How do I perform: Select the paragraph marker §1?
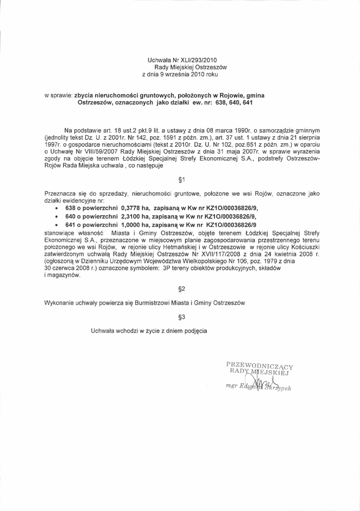[181, 180]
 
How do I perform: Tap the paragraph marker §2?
[181, 289]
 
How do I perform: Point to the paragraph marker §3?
[181, 316]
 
